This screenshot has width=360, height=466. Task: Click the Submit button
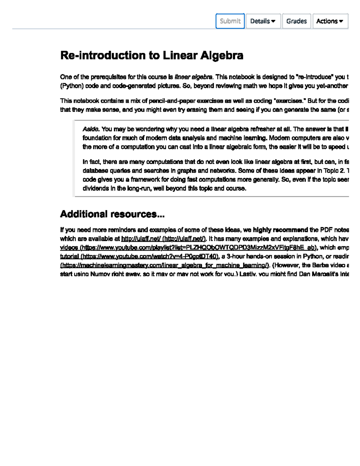click(x=230, y=21)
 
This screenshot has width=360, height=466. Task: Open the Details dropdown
click(x=263, y=21)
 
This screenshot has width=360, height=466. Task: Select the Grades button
click(x=296, y=21)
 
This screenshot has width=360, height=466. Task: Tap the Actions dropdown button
click(x=330, y=21)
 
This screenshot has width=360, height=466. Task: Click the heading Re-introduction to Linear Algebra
click(x=151, y=56)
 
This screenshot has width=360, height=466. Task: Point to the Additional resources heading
click(x=112, y=214)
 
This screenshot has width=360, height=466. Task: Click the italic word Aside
click(x=91, y=129)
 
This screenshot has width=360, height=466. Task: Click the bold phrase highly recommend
click(x=280, y=230)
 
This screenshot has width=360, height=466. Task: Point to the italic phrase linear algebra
click(x=193, y=77)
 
